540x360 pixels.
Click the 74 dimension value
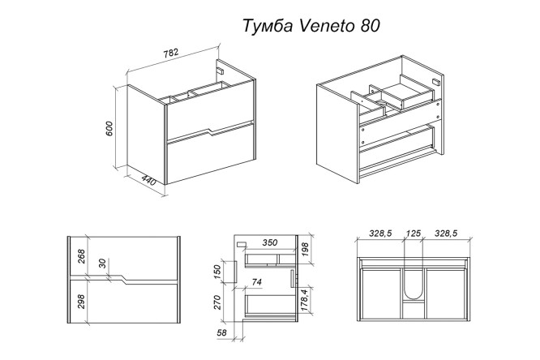pos(258,282)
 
